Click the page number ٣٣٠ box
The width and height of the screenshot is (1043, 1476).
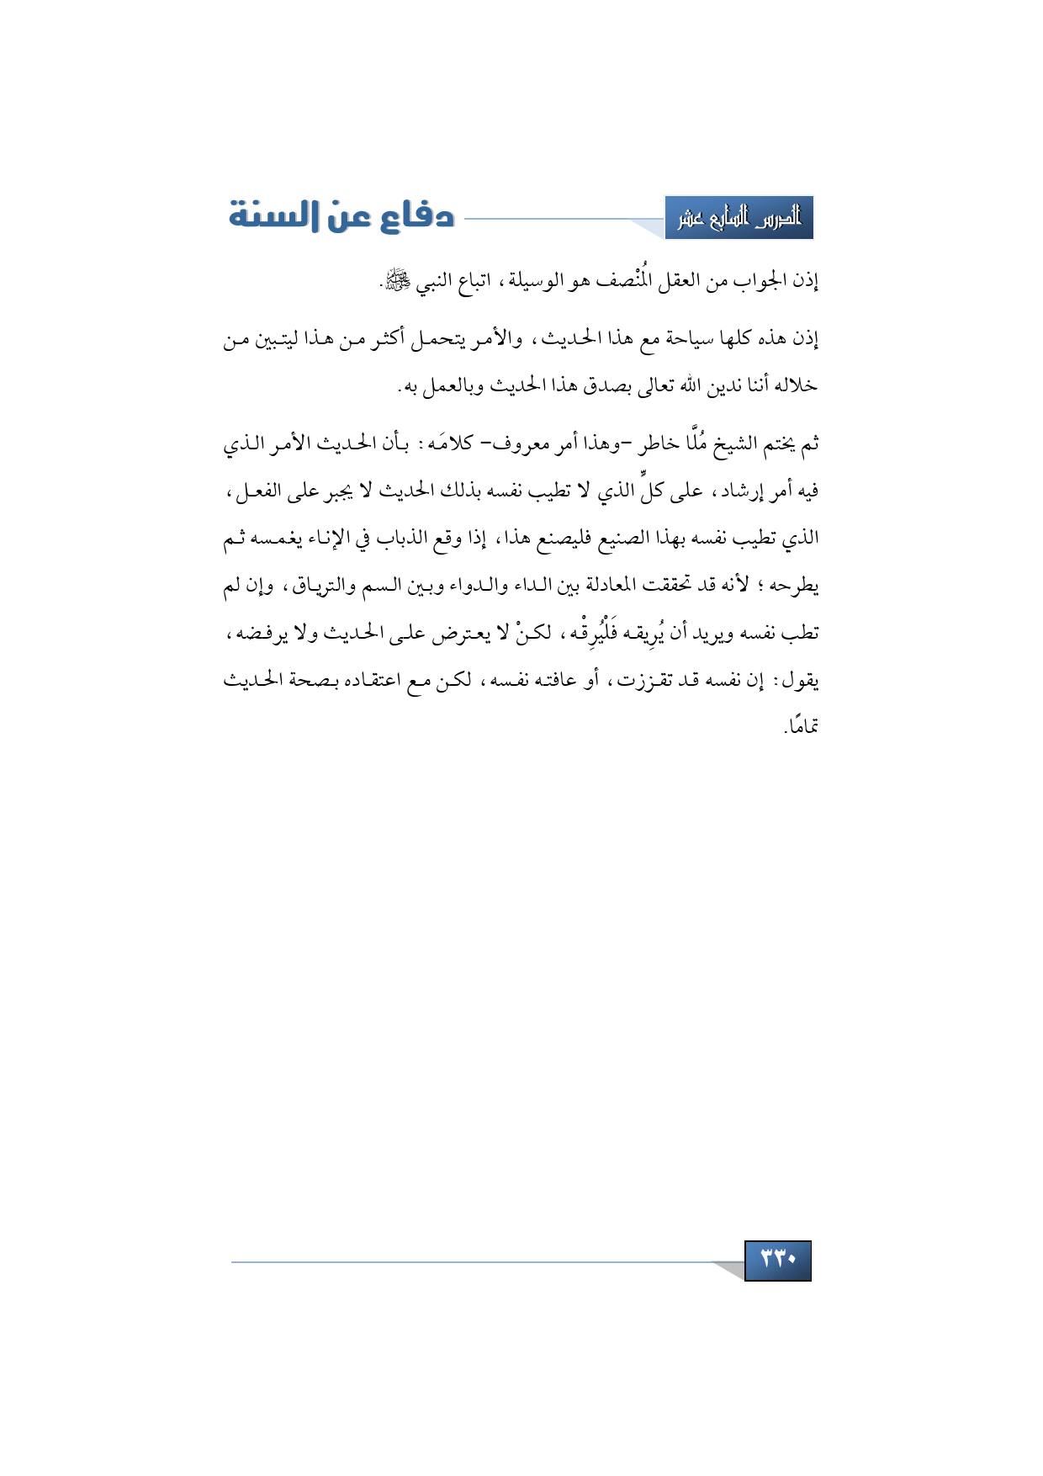tap(777, 1260)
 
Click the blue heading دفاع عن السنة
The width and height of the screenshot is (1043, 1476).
tap(341, 216)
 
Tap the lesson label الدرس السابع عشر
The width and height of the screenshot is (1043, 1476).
tap(739, 219)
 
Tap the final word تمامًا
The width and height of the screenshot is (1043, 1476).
tap(802, 725)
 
